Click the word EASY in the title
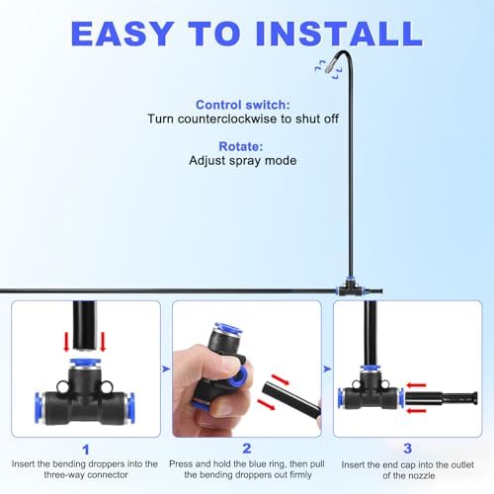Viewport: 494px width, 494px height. coord(123,34)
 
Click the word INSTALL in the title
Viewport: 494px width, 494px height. coord(339,34)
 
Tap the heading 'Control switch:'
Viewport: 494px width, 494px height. coord(243,105)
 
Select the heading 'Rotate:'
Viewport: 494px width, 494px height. coord(241,146)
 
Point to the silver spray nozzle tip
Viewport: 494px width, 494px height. coord(330,67)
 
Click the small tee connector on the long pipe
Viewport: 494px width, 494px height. coord(350,288)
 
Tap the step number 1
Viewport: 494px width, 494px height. coord(86,450)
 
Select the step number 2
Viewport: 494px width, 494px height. coord(247,449)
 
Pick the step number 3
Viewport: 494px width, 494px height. coord(408,449)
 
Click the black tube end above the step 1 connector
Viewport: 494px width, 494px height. coord(84,325)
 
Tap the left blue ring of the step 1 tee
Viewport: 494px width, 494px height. coord(40,408)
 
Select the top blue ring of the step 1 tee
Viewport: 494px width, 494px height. coord(85,364)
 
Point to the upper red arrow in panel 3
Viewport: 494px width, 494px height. coord(416,385)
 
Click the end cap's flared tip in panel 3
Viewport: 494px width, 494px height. coord(474,399)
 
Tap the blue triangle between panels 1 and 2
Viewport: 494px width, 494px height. coord(166,370)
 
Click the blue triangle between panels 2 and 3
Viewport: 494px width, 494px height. coord(327,370)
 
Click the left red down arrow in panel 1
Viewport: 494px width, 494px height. coord(66,342)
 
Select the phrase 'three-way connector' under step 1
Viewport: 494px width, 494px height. coord(86,474)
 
